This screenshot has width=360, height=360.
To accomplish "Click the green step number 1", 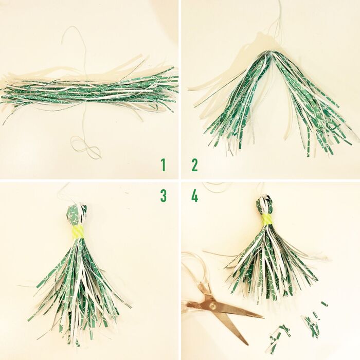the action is tap(163, 165).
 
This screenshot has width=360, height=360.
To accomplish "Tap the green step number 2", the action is tap(195, 165).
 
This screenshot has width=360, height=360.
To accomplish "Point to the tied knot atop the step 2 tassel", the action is tap(272, 53).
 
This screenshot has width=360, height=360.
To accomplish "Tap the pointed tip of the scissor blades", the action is tap(263, 317).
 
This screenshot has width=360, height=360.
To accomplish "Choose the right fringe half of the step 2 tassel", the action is tap(312, 103).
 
